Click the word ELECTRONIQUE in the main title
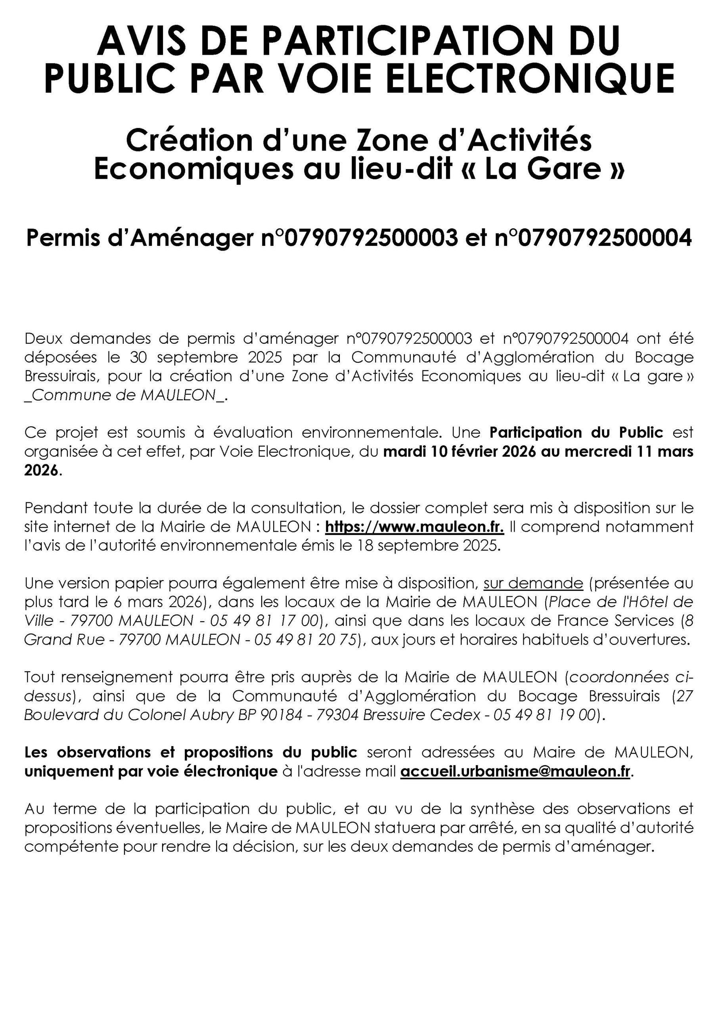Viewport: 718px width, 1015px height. point(527,78)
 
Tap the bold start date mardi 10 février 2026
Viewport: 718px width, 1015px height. point(460,452)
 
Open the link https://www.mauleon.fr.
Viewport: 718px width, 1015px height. point(414,527)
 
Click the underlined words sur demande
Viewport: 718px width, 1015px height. point(533,584)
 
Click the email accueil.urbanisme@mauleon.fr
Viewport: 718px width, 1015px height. point(515,772)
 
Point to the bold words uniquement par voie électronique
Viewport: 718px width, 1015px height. point(151,772)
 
